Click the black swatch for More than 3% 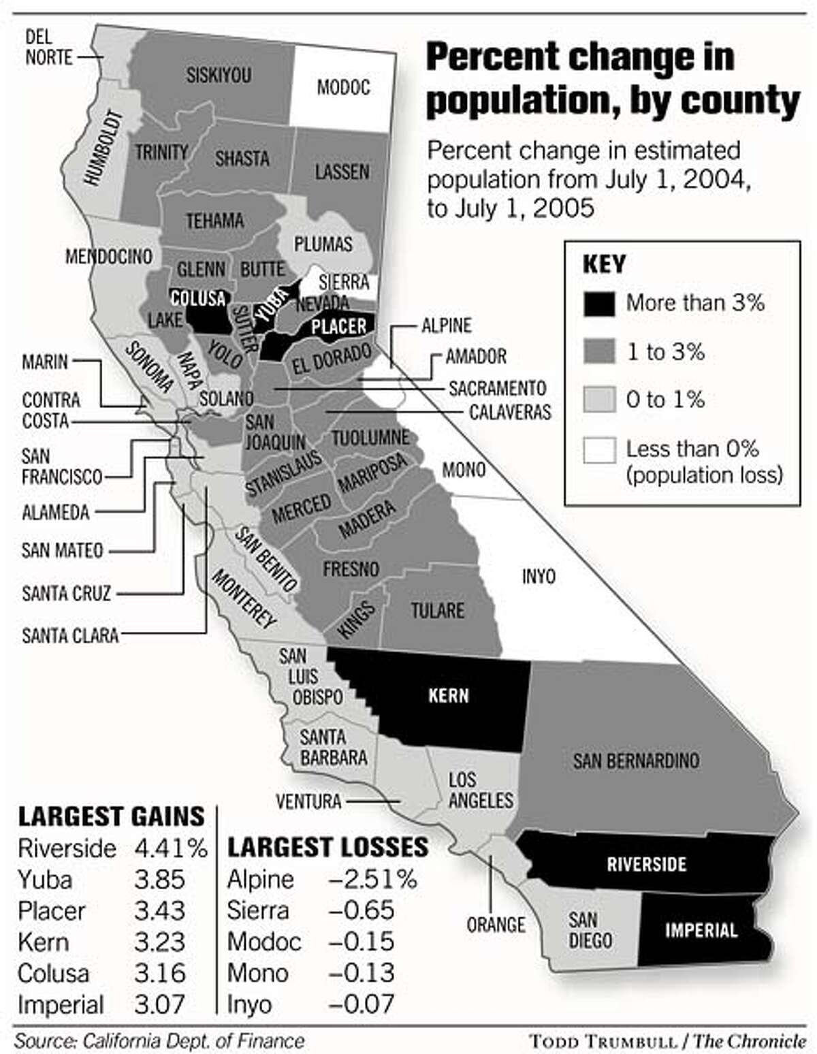coord(599,304)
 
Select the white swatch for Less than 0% coord(599,451)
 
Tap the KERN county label coord(448,696)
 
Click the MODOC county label coord(343,87)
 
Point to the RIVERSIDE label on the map coord(646,864)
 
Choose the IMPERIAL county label coord(701,929)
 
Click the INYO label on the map coord(538,577)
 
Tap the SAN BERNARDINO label coord(636,761)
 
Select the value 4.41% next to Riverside coord(170,848)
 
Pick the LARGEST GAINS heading coord(111,816)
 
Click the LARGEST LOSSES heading coord(327,847)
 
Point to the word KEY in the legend coord(604,264)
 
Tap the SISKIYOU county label coord(219,75)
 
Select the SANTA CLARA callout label coord(70,635)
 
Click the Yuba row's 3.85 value coord(159,880)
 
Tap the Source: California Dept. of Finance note coord(159,1040)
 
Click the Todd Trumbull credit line coord(667,1040)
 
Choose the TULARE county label coord(437,610)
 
